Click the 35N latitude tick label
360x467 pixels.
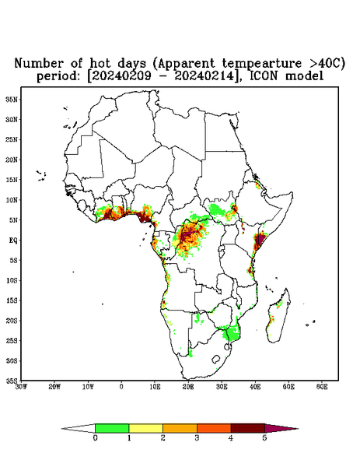click(x=12, y=99)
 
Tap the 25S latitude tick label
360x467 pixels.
click(x=12, y=340)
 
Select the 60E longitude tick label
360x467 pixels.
click(x=322, y=387)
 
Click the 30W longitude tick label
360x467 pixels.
click(x=21, y=387)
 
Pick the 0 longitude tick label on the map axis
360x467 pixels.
click(x=121, y=387)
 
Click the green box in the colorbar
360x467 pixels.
click(x=112, y=428)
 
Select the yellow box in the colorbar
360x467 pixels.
click(x=145, y=428)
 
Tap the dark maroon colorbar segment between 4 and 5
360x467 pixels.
click(x=248, y=428)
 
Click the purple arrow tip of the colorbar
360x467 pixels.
click(x=281, y=429)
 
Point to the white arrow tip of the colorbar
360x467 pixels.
click(x=79, y=429)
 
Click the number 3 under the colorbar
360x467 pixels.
click(x=197, y=438)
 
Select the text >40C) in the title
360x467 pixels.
click(x=326, y=64)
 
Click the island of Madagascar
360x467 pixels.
click(x=278, y=317)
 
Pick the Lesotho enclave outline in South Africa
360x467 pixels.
click(x=215, y=359)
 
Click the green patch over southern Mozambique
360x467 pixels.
click(x=232, y=332)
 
